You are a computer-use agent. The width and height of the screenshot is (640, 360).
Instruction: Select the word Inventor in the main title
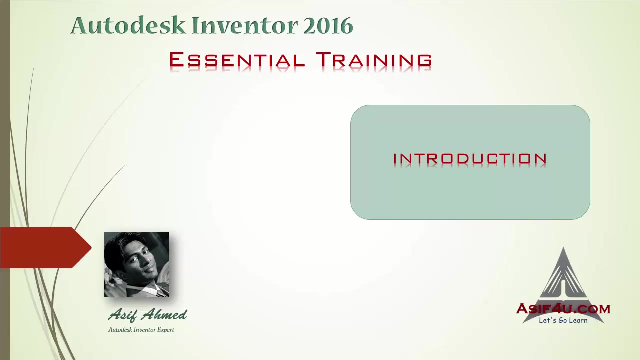click(245, 26)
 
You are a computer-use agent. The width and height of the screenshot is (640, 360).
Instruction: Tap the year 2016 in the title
click(328, 26)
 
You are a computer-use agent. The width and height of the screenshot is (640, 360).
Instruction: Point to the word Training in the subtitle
click(374, 60)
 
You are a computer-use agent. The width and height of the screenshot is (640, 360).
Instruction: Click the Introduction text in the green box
click(470, 159)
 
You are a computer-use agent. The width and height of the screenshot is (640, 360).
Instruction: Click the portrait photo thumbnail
click(136, 264)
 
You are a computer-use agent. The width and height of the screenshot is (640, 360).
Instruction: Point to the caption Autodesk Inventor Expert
click(141, 330)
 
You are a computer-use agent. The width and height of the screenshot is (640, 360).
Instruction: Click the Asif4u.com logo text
click(563, 309)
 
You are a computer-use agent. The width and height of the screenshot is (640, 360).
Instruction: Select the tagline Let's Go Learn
click(563, 320)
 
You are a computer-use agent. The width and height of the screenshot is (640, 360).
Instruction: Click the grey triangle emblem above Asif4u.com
click(563, 275)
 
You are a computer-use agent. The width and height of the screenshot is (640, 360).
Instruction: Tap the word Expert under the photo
click(166, 330)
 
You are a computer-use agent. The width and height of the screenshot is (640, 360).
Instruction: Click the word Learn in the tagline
click(578, 320)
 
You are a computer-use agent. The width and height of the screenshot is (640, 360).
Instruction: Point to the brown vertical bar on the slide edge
click(4, 180)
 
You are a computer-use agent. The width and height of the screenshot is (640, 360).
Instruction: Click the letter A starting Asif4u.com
click(523, 308)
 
